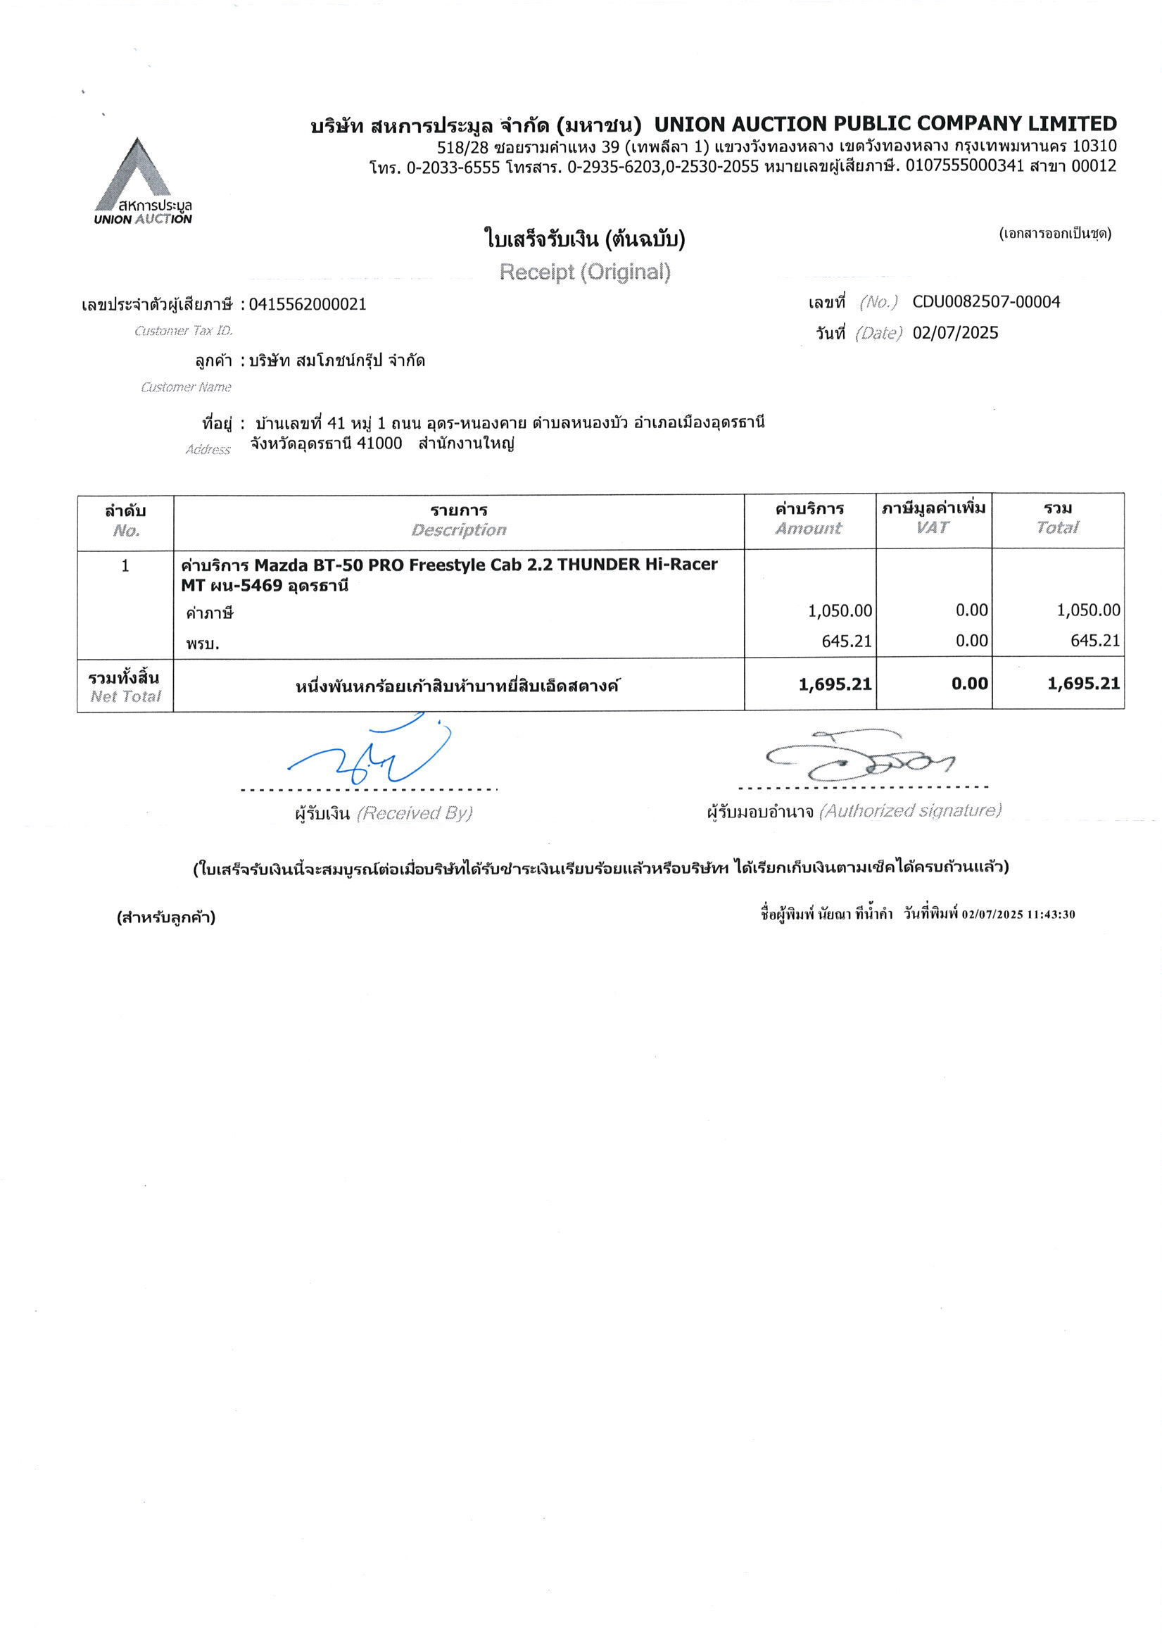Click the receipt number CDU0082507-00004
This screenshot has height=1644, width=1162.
click(986, 302)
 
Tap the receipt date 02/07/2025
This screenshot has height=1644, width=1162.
click(955, 333)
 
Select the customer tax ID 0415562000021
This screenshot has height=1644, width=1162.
click(308, 304)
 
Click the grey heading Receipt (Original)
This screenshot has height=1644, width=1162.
click(585, 272)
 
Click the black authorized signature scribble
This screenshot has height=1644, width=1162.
click(859, 758)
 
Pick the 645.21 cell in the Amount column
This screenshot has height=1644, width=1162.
click(846, 641)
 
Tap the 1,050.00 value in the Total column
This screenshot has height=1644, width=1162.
click(1088, 610)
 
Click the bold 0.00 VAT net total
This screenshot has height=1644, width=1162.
click(969, 684)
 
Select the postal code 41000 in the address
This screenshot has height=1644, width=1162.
click(379, 444)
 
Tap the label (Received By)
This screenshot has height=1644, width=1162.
click(414, 813)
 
